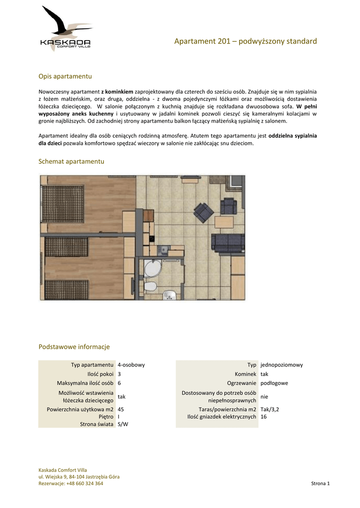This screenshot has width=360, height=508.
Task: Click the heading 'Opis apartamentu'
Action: (66, 76)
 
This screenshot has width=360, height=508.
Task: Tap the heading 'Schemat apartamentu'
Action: (72, 162)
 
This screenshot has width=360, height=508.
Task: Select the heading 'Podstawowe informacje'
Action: (74, 347)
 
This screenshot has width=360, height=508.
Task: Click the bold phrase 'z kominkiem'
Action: (117, 92)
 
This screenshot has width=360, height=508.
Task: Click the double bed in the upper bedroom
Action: (65, 198)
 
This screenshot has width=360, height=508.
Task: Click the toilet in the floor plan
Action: (150, 287)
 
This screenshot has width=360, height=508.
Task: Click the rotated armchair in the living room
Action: (204, 212)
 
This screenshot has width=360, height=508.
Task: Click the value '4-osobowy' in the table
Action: (131, 365)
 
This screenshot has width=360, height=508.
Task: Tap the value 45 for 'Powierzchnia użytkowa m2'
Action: (121, 410)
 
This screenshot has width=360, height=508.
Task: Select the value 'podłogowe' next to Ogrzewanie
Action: (274, 383)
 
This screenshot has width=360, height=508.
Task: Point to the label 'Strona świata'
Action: (97, 424)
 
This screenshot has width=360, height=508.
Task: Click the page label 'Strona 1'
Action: (320, 484)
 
